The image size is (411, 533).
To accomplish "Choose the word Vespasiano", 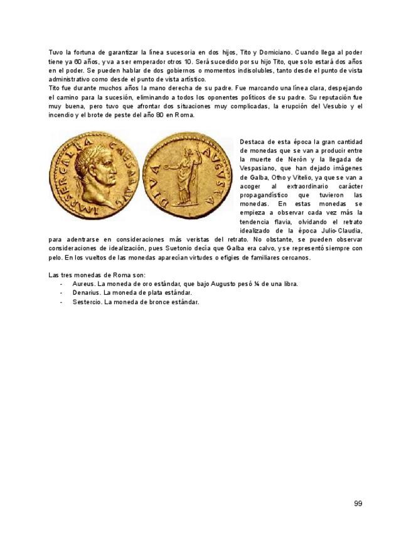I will tap(262, 168).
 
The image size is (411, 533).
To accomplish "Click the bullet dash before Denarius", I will tap(61, 293).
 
